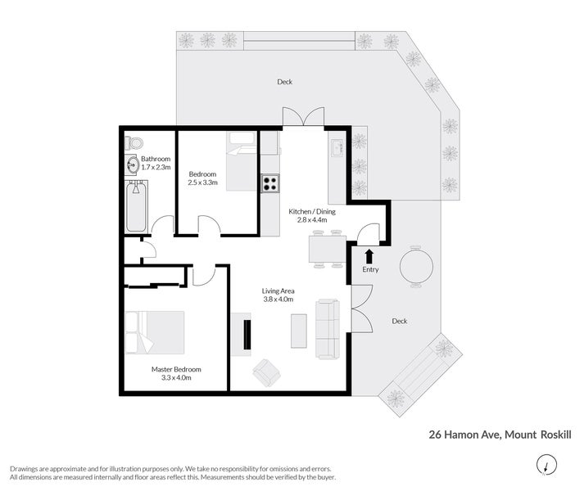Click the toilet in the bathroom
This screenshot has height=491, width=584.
coord(134,142)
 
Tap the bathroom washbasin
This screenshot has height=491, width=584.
coord(133,164)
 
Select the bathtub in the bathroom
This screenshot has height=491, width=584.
coord(136,206)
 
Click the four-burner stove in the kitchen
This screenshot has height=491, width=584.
coord(270,183)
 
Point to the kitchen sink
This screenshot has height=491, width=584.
coord(337,148)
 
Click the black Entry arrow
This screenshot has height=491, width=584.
coord(369,256)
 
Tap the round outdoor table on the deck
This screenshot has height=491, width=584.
coord(416,266)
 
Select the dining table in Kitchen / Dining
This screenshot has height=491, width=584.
coord(328,249)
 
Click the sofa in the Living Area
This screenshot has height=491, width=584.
coord(328,329)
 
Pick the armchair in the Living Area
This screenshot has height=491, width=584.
coord(267,372)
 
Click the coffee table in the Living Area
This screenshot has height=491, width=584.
coord(299,331)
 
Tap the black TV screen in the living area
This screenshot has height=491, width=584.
coord(247,334)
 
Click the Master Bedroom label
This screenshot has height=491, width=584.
coord(176,369)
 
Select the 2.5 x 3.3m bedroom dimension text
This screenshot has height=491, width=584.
coord(202,182)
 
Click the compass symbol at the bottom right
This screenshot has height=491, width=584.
coord(546,465)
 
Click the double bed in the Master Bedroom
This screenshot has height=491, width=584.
coord(155,332)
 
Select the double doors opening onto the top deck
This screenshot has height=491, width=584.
coord(303,116)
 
